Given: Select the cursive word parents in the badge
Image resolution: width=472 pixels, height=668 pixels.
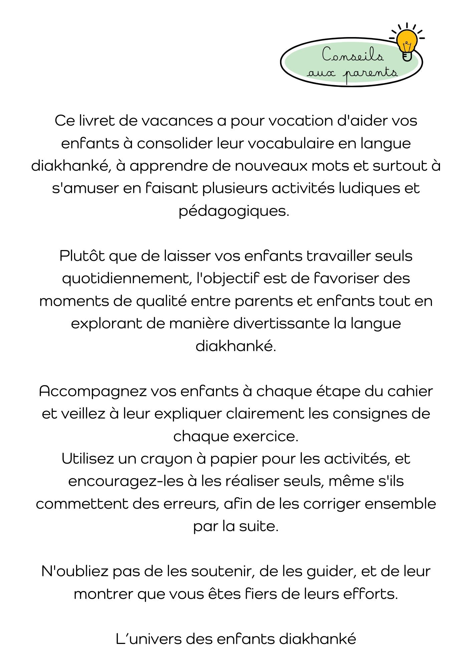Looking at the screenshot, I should point(371,73).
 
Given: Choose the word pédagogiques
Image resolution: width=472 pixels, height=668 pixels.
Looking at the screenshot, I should point(234,211).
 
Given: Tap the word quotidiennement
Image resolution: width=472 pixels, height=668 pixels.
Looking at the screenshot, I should point(127,279).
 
